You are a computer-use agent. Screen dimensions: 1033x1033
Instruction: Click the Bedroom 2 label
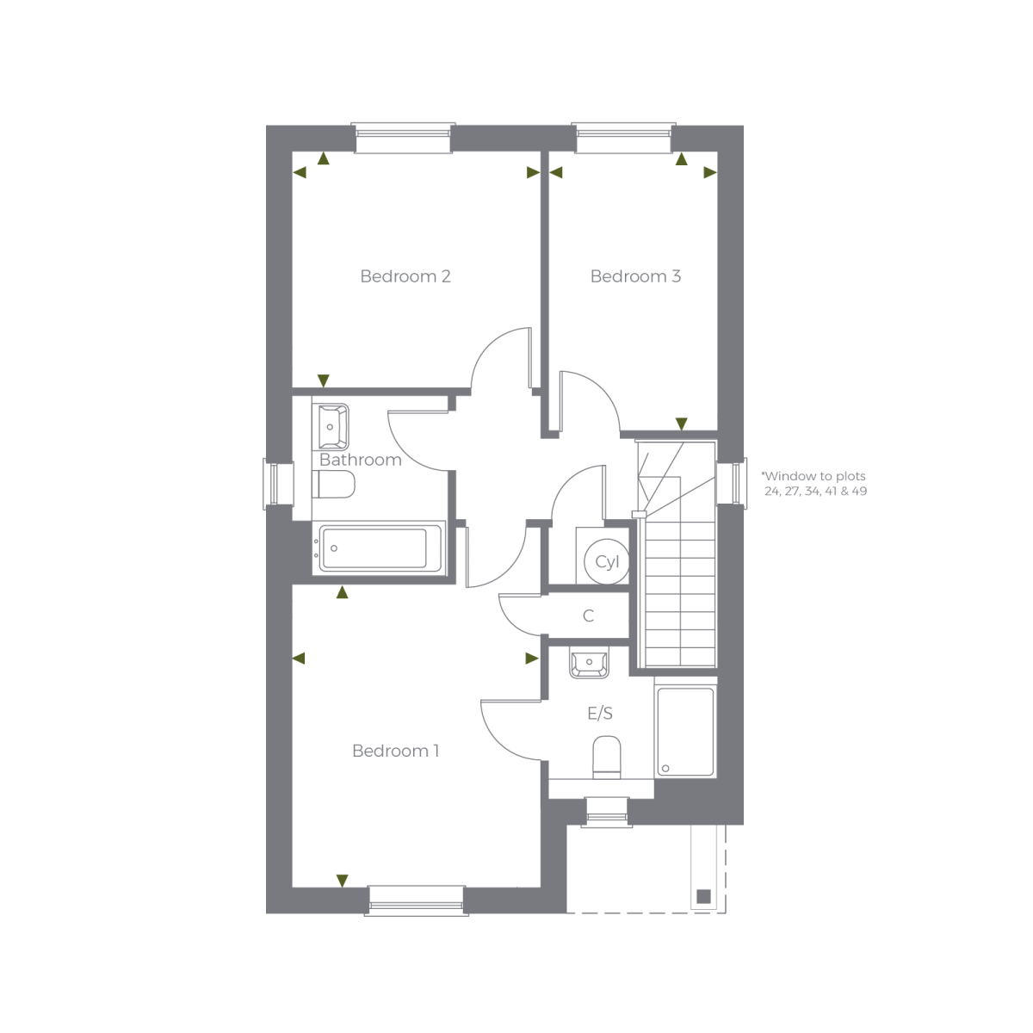click(405, 276)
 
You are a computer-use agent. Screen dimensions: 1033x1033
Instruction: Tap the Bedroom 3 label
click(635, 276)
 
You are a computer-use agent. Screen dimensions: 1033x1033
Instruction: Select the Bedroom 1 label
click(395, 751)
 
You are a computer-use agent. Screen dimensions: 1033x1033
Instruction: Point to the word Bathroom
click(360, 460)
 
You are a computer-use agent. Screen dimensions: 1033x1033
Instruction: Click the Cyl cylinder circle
click(607, 563)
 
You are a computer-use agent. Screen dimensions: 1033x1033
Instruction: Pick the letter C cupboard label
click(589, 616)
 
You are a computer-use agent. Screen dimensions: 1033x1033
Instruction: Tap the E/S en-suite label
click(600, 714)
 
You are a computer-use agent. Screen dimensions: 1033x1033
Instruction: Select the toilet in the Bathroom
click(334, 486)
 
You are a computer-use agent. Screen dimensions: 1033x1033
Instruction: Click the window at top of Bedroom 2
click(403, 139)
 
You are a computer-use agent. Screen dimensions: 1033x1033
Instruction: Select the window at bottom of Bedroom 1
click(417, 899)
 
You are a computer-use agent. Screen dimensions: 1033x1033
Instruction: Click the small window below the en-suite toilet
click(607, 811)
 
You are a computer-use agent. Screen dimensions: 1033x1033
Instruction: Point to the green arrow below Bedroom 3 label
click(681, 424)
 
